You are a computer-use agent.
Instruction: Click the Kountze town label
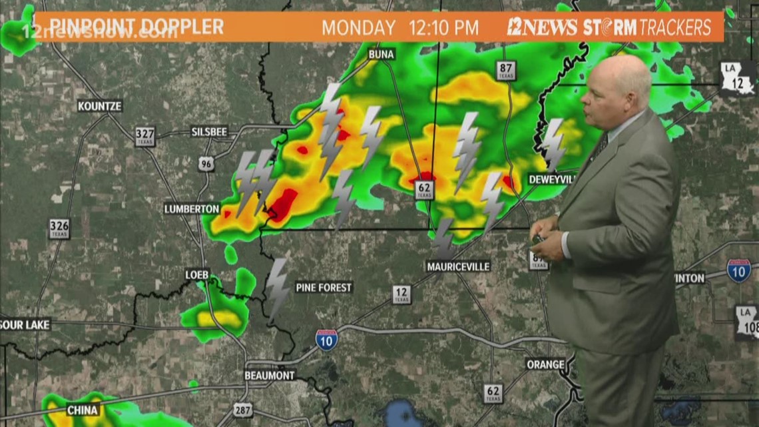point(100,106)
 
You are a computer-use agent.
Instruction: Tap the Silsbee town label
point(209,131)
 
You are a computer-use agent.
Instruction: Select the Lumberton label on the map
point(192,209)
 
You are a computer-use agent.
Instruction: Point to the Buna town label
point(381,54)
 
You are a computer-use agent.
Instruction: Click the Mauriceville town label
point(458,266)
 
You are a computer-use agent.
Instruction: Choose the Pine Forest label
point(324,288)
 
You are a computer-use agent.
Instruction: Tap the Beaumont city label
point(270,375)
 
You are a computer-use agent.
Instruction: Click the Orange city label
point(545,364)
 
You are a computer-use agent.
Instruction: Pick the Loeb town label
point(197,274)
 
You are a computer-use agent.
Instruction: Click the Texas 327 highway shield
point(145,136)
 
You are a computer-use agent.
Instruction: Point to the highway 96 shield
point(206,163)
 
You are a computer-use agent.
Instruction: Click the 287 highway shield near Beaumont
point(243,409)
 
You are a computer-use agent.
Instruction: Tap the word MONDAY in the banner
point(359,28)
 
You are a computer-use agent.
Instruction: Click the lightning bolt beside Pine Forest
point(277,288)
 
